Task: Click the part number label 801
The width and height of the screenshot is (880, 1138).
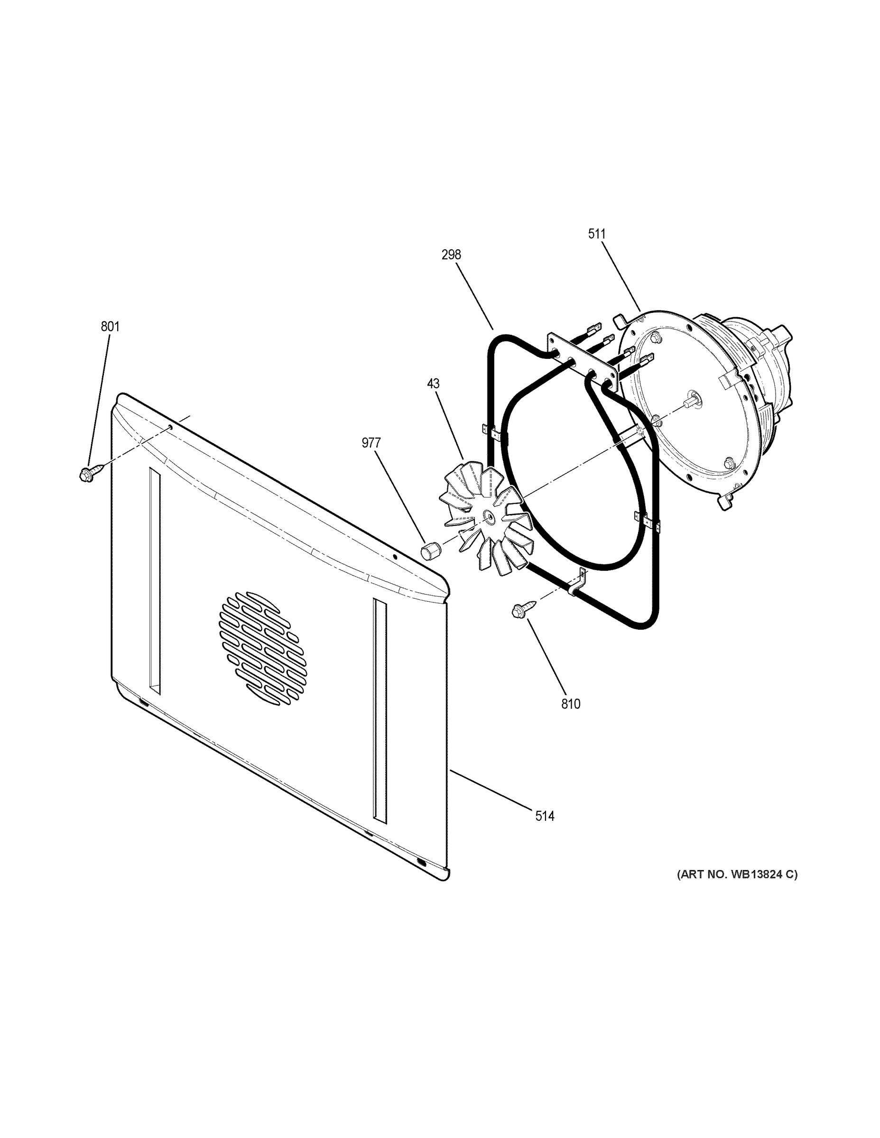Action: pyautogui.click(x=110, y=327)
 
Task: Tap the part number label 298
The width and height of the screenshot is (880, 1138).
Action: pyautogui.click(x=451, y=255)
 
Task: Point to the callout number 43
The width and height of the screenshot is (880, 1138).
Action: pyautogui.click(x=433, y=384)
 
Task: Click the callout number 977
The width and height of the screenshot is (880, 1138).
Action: pyautogui.click(x=371, y=443)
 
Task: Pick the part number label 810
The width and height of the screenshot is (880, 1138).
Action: pyautogui.click(x=570, y=704)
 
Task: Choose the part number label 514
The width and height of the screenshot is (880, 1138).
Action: pyautogui.click(x=545, y=816)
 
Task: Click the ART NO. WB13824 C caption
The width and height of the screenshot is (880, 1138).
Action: pyautogui.click(x=737, y=874)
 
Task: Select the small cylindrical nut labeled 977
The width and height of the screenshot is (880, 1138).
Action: pyautogui.click(x=428, y=549)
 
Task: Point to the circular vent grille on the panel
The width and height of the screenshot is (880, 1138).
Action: pyautogui.click(x=263, y=649)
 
